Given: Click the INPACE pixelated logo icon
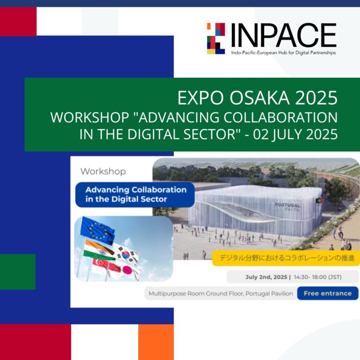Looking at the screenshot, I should [x=216, y=38].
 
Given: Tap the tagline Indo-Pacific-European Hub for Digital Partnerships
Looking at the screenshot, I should [x=283, y=53].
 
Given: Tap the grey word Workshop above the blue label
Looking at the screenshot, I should [x=103, y=171].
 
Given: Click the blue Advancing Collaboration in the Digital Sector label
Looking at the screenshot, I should [x=135, y=195].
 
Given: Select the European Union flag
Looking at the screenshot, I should [x=97, y=229].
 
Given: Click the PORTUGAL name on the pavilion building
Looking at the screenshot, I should [x=287, y=205].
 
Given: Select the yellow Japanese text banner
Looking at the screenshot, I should [x=286, y=257].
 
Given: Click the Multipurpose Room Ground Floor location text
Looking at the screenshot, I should [x=220, y=294].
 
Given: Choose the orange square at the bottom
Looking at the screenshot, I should [x=156, y=342].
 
